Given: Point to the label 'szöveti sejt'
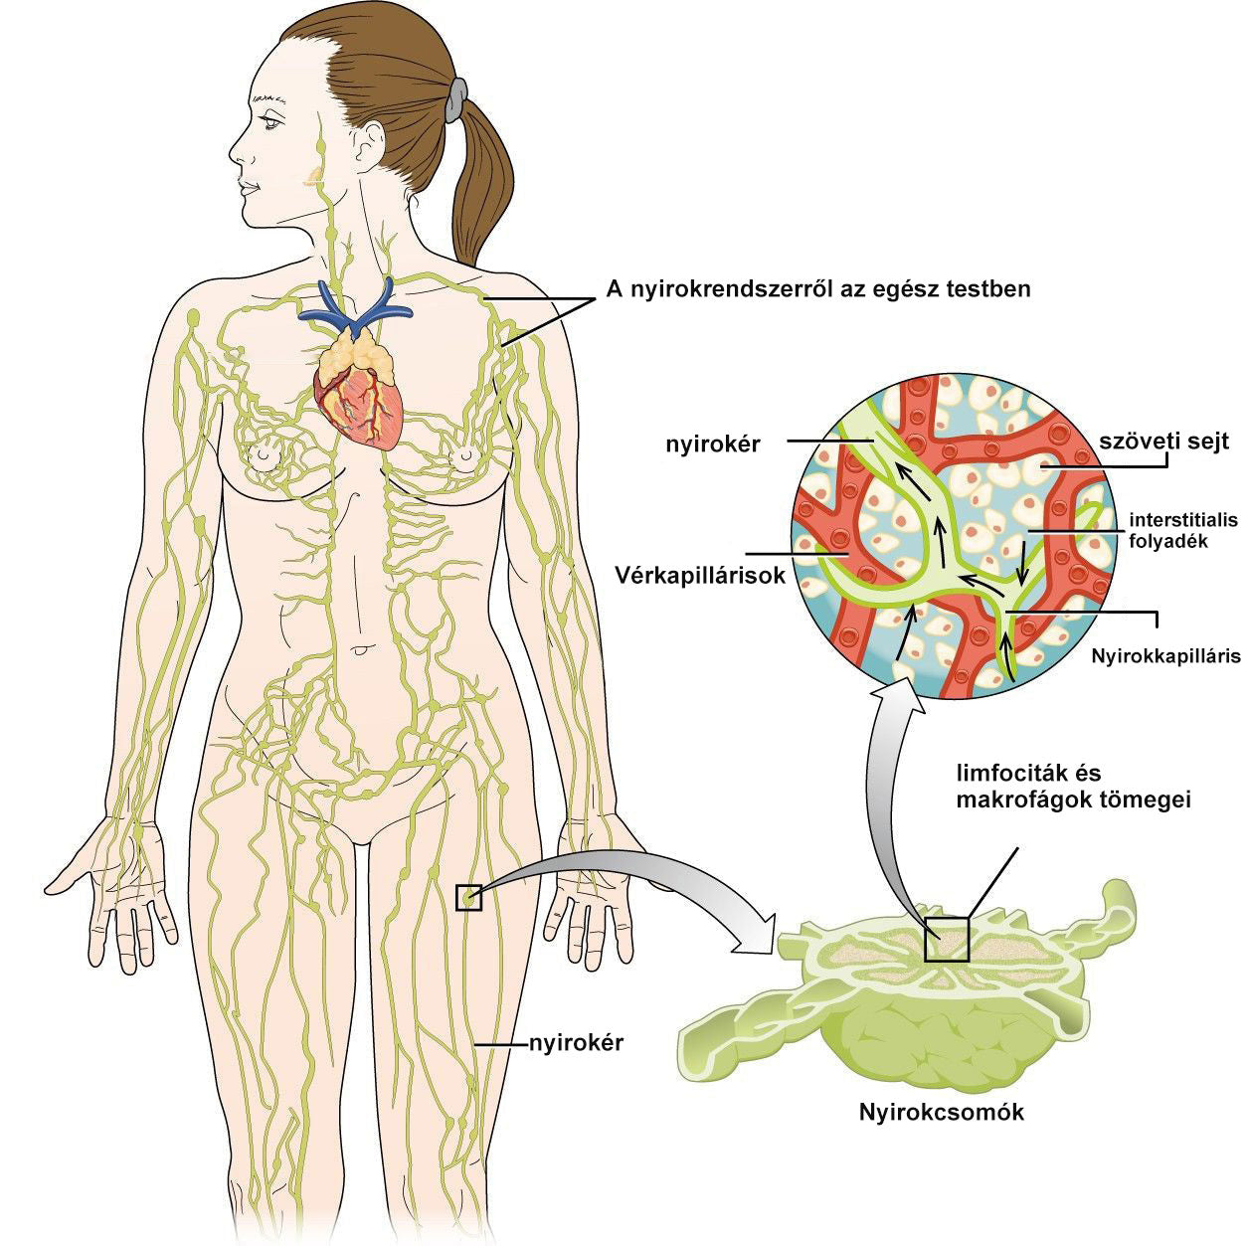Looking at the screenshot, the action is point(1164,442).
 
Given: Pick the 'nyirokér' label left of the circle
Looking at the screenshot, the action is point(712,445).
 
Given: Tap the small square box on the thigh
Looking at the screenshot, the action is point(468,898).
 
